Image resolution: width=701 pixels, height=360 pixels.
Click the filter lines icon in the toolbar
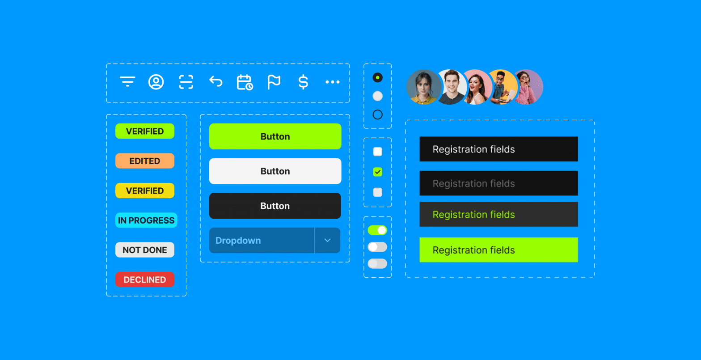[x=127, y=82]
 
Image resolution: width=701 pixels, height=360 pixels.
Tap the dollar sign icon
[x=303, y=82]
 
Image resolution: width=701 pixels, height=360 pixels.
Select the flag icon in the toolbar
[x=274, y=82]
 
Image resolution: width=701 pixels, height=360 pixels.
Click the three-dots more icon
[x=332, y=82]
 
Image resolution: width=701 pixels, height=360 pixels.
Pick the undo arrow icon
[x=215, y=81]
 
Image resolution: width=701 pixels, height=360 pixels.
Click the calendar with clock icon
[x=245, y=82]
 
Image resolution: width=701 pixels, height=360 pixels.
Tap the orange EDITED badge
[x=145, y=161]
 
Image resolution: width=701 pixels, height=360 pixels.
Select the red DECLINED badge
[x=145, y=280]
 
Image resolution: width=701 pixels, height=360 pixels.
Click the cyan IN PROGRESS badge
[x=146, y=220]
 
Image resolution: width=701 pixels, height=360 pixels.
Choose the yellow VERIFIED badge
[x=145, y=191]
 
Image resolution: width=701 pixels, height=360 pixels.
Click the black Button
[x=275, y=206]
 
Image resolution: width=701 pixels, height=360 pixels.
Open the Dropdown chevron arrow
[x=327, y=241]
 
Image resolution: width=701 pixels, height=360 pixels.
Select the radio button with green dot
[x=378, y=77]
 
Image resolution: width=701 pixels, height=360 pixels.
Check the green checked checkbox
[x=378, y=172]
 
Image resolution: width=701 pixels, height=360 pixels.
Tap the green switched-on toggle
[x=377, y=230]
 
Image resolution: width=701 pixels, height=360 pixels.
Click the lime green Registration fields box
[x=498, y=250]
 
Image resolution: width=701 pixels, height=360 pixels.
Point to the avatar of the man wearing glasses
[x=502, y=87]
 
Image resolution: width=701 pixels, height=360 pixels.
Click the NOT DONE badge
[x=145, y=250]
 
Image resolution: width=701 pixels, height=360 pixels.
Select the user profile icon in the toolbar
[x=156, y=82]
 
